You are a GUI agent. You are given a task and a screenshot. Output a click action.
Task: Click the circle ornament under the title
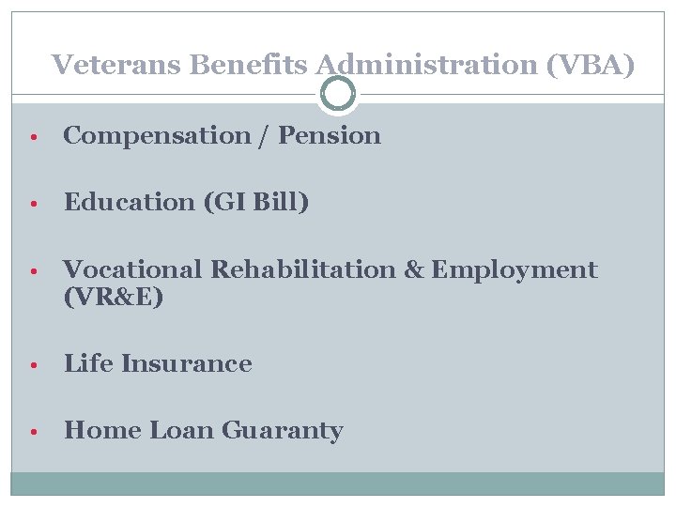click(x=338, y=94)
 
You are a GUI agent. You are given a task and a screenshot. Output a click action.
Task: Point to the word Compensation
click(x=156, y=136)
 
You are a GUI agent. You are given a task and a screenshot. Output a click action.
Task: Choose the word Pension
click(x=330, y=136)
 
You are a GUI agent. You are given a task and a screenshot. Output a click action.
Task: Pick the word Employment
click(x=515, y=270)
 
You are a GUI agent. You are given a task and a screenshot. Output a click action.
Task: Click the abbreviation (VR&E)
click(x=114, y=298)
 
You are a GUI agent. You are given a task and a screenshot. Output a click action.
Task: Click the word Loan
click(x=182, y=431)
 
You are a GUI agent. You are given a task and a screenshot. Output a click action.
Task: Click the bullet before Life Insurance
click(x=32, y=365)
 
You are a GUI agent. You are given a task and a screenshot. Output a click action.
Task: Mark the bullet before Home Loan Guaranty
click(x=32, y=432)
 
